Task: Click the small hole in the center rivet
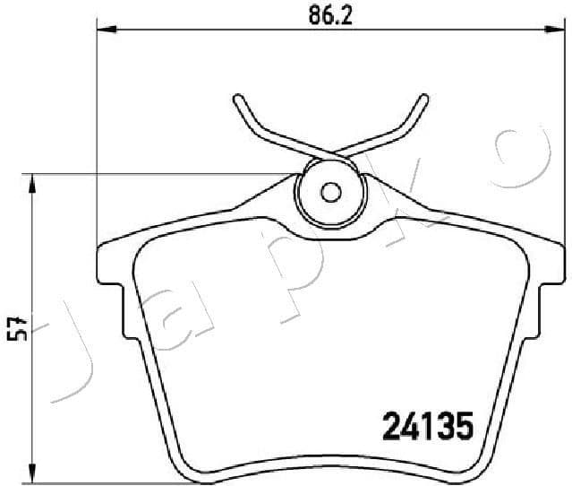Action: tap(330, 192)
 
